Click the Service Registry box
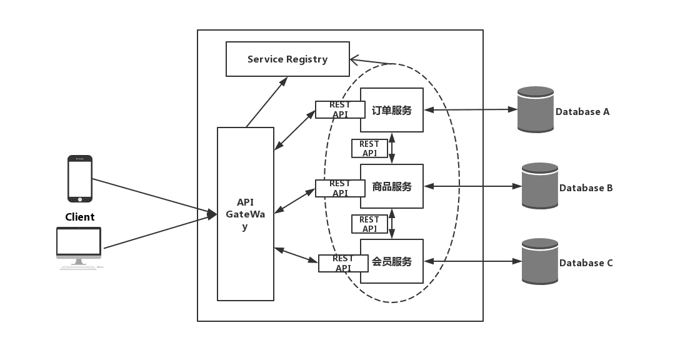click(x=287, y=59)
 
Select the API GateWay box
click(x=245, y=214)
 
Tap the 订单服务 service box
click(x=392, y=110)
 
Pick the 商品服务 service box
click(x=392, y=186)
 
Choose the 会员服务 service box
click(x=392, y=261)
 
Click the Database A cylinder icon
click(x=536, y=110)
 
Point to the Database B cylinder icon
click(x=540, y=186)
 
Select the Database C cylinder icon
click(x=540, y=261)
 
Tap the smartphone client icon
click(x=80, y=179)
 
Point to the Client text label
click(x=80, y=217)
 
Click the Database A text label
click(x=582, y=112)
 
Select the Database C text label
click(x=586, y=263)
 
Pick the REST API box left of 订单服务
click(x=340, y=109)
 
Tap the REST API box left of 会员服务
click(x=343, y=263)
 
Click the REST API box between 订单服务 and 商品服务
click(x=369, y=148)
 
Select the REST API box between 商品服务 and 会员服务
click(x=369, y=224)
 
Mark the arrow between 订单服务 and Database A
click(x=471, y=110)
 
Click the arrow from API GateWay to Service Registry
click(x=267, y=102)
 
